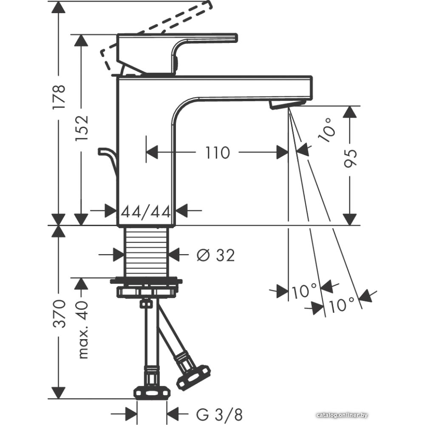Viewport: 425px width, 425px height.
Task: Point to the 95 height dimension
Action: click(x=351, y=158)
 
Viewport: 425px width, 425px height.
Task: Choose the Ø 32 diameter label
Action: click(x=215, y=255)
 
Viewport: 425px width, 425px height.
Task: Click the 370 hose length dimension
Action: click(x=59, y=313)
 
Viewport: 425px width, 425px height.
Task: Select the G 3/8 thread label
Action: click(x=219, y=413)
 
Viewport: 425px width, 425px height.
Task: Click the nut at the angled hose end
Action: click(x=193, y=376)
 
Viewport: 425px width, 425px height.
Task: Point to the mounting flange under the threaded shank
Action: click(x=146, y=281)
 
